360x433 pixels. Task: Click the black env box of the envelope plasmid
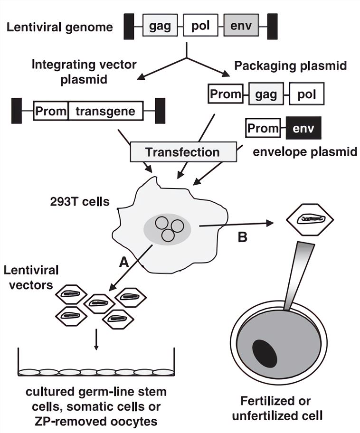coord(303,128)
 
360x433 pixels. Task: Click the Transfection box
coord(183,152)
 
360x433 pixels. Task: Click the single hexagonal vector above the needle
coord(310,219)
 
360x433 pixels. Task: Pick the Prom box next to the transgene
coord(51,112)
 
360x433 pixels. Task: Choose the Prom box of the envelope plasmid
coord(262,128)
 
